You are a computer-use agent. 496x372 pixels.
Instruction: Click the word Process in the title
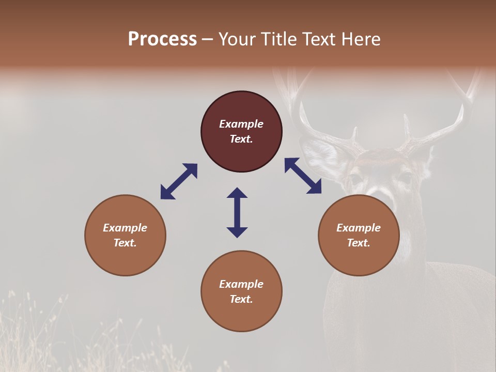coord(162,39)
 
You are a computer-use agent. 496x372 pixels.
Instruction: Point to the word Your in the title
coord(238,39)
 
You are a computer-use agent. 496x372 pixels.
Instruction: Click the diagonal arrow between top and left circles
coord(179,181)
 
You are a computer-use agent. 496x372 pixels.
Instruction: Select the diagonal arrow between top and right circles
coord(303,176)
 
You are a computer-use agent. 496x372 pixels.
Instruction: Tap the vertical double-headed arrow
coord(237,212)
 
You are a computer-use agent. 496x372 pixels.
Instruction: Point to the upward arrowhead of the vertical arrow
coord(237,193)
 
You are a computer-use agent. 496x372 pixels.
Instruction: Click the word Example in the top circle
coord(241,124)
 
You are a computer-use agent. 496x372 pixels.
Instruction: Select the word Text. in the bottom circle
coord(241,299)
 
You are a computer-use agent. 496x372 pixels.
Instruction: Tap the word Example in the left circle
coord(125,228)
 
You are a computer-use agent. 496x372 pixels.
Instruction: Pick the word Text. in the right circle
coord(359,243)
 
